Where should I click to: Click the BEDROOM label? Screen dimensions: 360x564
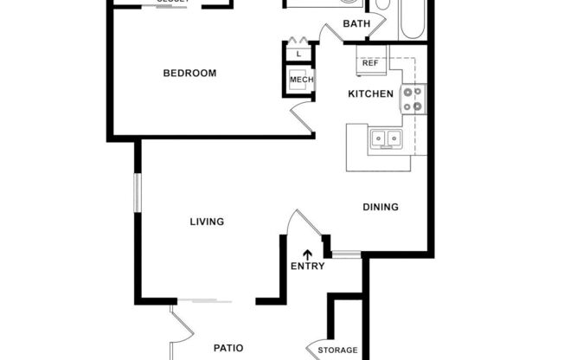[x=189, y=73]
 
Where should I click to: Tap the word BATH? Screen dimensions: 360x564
[x=356, y=23]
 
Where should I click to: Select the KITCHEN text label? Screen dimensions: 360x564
[x=371, y=93]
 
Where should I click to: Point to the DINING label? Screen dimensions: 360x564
[x=380, y=207]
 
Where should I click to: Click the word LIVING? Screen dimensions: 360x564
[x=207, y=222]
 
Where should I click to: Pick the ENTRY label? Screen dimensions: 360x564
[x=307, y=266]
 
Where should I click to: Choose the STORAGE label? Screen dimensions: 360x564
[x=337, y=350]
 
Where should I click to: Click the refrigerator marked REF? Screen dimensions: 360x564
[x=370, y=63]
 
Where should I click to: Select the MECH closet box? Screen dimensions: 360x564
[x=301, y=80]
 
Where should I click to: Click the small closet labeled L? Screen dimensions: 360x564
[x=298, y=54]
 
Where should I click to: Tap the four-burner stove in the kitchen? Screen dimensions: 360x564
[x=413, y=100]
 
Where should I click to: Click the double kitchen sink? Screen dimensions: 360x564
[x=384, y=138]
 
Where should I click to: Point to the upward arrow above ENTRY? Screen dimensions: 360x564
[x=307, y=254]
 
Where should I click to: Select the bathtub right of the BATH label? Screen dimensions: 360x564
[x=411, y=19]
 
